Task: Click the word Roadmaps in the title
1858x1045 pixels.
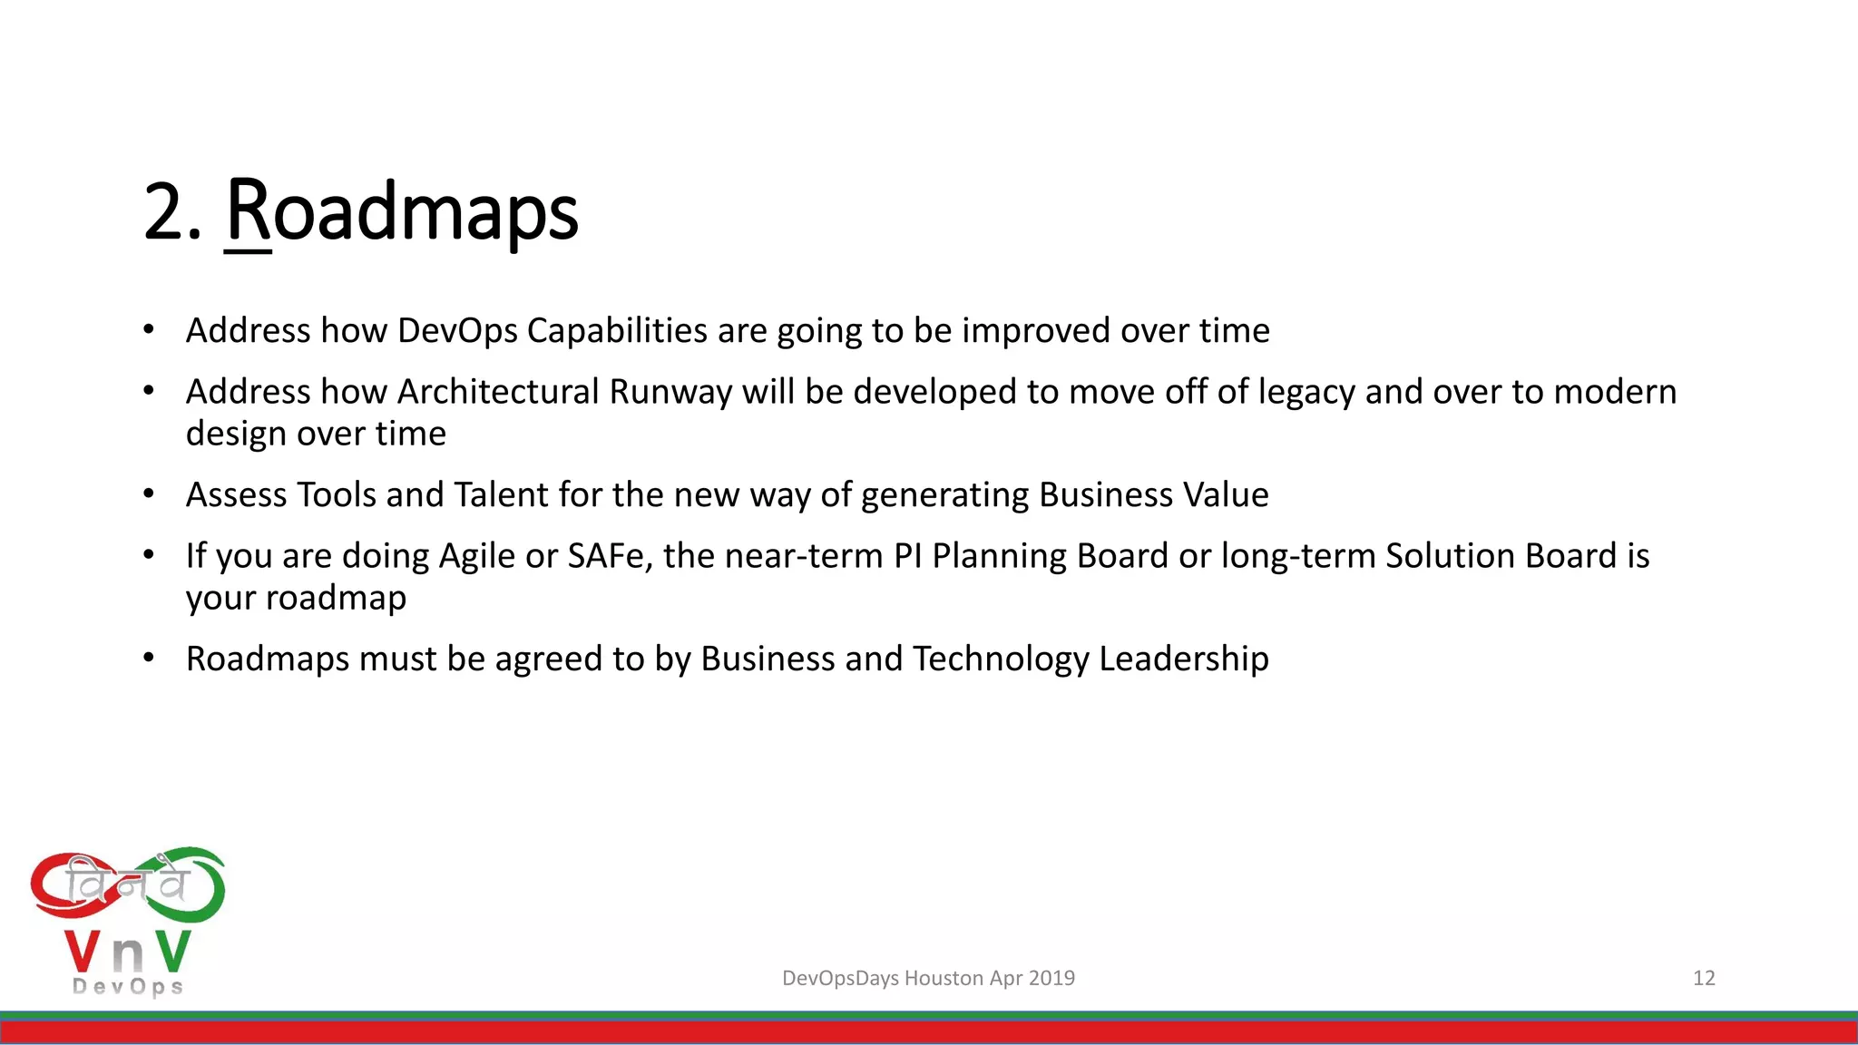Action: point(402,212)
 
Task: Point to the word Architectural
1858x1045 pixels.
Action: point(498,392)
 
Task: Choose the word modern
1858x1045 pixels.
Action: point(1615,392)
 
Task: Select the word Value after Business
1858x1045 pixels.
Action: point(1226,495)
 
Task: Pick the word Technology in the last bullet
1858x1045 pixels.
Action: point(1001,659)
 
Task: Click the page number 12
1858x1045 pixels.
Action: point(1704,978)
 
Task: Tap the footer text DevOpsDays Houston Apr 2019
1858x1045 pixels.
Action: point(928,978)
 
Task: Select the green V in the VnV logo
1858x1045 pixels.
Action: point(172,951)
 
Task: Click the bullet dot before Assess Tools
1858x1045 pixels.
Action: point(149,494)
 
